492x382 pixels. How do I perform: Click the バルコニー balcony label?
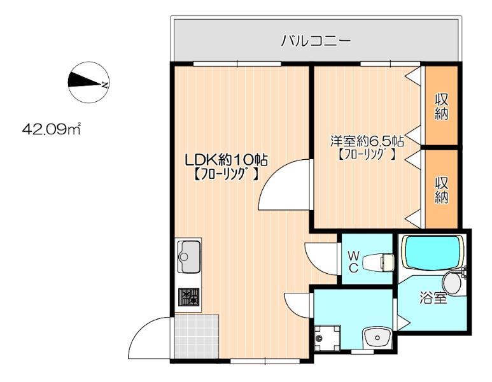(316, 42)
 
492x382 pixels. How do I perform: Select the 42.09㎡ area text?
(50, 130)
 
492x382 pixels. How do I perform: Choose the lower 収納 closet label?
(442, 189)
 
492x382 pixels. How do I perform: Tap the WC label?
(353, 261)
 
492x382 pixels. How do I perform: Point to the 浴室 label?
(433, 297)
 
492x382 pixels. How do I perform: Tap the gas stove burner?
(188, 296)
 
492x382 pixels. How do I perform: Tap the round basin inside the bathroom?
(453, 279)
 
